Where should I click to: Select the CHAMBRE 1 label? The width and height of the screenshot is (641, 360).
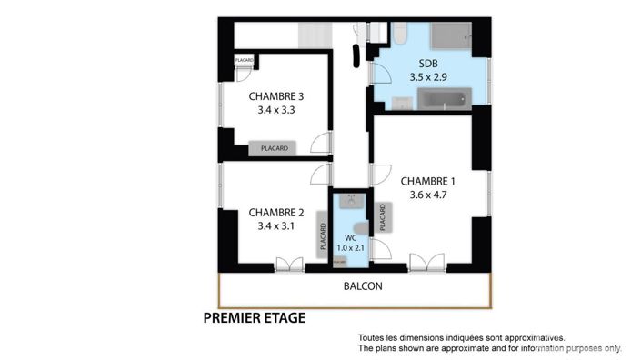pyautogui.click(x=427, y=180)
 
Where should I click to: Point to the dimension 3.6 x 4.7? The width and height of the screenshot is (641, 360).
pyautogui.click(x=427, y=194)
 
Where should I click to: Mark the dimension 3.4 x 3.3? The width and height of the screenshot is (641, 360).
pyautogui.click(x=275, y=110)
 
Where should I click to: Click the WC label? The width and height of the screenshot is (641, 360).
pyautogui.click(x=350, y=237)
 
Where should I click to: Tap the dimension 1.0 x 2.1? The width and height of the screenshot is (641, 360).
pyautogui.click(x=350, y=248)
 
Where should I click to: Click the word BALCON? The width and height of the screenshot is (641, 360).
pyautogui.click(x=363, y=285)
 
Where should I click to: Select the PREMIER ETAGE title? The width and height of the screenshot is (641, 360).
pyautogui.click(x=254, y=319)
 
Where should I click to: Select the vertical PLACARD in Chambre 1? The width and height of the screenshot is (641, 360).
pyautogui.click(x=383, y=217)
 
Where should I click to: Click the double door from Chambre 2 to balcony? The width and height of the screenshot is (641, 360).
pyautogui.click(x=289, y=265)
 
